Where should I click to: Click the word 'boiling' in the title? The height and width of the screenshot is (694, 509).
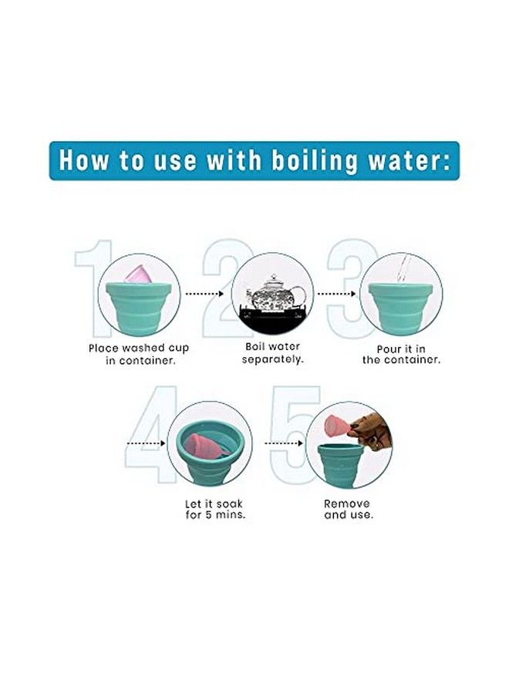[x=314, y=160]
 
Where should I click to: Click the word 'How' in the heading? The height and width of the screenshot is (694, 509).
[x=84, y=160]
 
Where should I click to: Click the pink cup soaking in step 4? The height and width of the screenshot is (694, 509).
[x=206, y=446]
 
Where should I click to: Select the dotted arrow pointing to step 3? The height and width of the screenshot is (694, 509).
[x=336, y=294]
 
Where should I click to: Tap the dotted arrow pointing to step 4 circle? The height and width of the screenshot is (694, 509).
[x=147, y=443]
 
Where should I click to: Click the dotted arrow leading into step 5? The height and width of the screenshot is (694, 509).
[x=284, y=443]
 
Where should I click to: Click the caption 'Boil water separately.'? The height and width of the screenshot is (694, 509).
[x=273, y=352]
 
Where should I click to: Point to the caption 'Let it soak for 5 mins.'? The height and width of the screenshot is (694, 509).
[x=214, y=509]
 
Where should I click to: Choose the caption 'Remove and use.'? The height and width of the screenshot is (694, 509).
[x=349, y=509]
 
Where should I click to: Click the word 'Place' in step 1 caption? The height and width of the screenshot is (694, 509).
[x=103, y=349]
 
